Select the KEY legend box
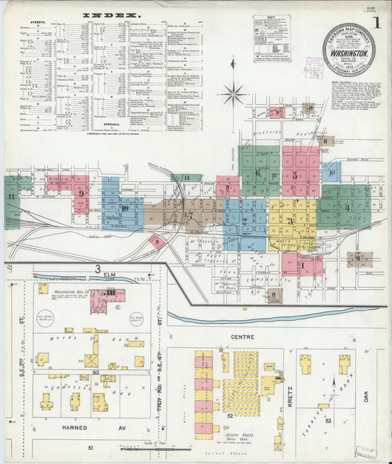(x=271, y=38)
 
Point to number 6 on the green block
(x=257, y=173)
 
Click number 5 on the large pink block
(x=295, y=175)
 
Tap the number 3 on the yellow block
(x=291, y=221)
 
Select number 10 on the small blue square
(x=332, y=173)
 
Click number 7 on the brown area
(x=190, y=215)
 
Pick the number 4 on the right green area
(x=347, y=207)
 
